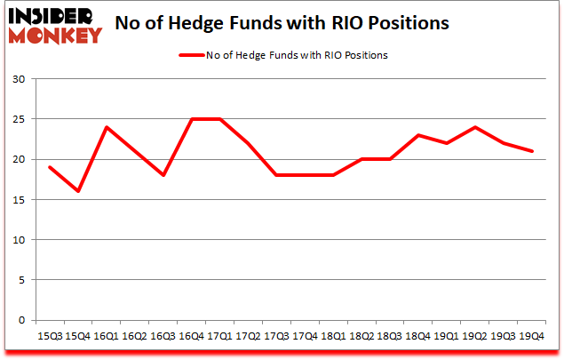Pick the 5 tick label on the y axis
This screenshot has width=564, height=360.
(20, 280)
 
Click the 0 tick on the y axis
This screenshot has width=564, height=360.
(20, 320)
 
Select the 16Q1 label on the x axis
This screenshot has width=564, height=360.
(105, 336)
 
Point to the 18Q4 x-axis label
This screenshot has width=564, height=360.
(419, 336)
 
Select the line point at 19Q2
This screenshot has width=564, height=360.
(476, 127)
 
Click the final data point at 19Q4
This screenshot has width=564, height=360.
(533, 151)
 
